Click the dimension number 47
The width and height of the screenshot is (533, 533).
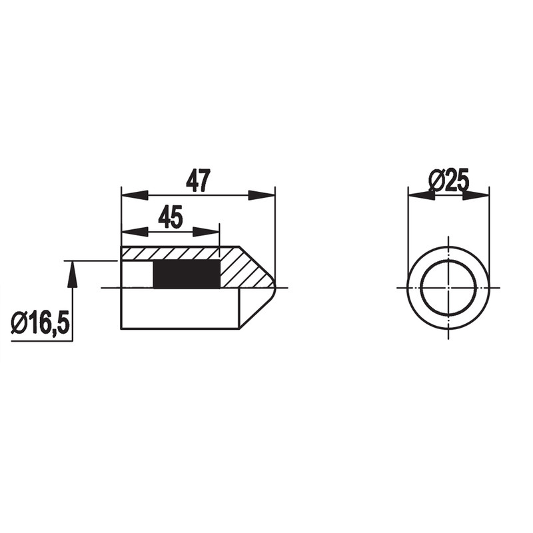point(198,180)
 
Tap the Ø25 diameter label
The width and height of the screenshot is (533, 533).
point(448,179)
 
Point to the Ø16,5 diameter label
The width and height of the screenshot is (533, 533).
point(41,323)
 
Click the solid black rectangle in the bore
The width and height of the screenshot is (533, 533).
point(187,274)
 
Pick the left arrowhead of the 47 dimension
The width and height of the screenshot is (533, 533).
point(135,195)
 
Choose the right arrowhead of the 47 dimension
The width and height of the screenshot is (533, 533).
point(261,195)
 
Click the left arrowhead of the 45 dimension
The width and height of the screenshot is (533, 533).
point(135,232)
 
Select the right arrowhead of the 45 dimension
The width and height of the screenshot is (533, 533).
point(207,232)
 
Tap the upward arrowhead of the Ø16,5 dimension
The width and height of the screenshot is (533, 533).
point(72,274)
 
